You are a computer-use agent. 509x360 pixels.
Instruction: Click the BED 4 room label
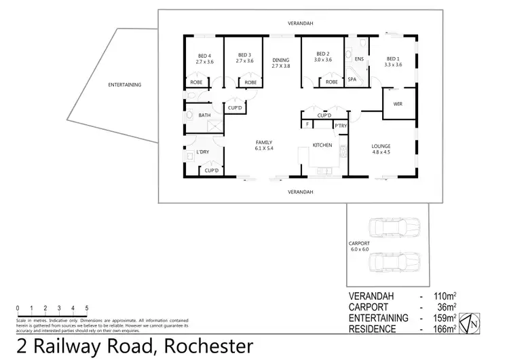(x=205, y=56)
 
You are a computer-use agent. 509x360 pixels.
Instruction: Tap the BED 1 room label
(x=394, y=58)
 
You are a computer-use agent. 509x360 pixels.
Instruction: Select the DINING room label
(x=280, y=59)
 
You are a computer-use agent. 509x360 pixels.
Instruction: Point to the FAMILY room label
(x=264, y=142)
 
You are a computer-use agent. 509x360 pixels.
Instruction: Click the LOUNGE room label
(x=381, y=146)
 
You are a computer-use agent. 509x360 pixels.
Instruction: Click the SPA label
(x=352, y=79)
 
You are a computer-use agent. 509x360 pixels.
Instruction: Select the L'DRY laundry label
(x=202, y=151)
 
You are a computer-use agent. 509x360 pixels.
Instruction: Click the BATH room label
(x=204, y=115)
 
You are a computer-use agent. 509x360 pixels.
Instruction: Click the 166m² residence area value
(x=443, y=329)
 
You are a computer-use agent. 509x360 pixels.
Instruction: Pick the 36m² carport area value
(x=445, y=307)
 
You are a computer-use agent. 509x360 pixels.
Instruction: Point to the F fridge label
(x=307, y=125)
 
